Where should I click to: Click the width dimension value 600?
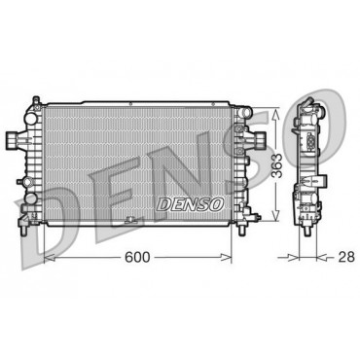pyautogui.click(x=137, y=257)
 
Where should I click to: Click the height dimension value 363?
pyautogui.click(x=277, y=165)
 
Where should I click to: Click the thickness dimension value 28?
pyautogui.click(x=346, y=257)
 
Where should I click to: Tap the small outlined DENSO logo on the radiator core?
pyautogui.click(x=190, y=204)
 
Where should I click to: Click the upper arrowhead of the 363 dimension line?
pyautogui.click(x=275, y=113)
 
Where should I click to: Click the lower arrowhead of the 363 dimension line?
pyautogui.click(x=275, y=216)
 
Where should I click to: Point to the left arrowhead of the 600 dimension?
pyautogui.click(x=50, y=258)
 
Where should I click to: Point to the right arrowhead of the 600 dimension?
pyautogui.click(x=226, y=258)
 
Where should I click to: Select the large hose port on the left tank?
pyautogui.click(x=13, y=139)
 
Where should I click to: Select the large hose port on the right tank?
pyautogui.click(x=259, y=139)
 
